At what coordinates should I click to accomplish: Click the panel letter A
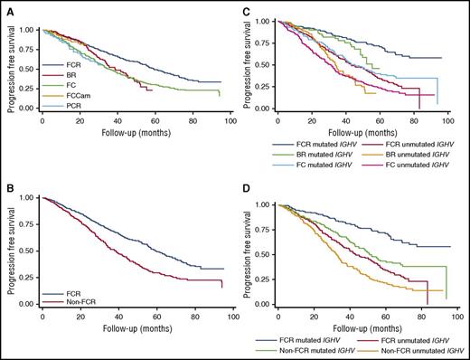tap(6, 7)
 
